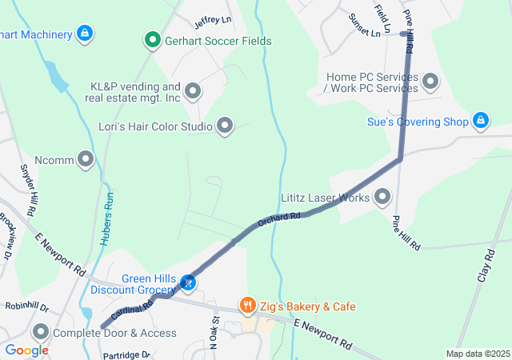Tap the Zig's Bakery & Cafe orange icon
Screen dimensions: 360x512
[248, 306]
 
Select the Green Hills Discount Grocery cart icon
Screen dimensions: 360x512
[189, 282]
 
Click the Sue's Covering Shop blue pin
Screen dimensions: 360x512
[480, 120]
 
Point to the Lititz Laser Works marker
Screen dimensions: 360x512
[382, 196]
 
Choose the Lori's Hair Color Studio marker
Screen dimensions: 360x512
[225, 125]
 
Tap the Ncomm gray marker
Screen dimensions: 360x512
[86, 158]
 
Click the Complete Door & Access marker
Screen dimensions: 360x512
[41, 331]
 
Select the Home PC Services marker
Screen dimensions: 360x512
[430, 81]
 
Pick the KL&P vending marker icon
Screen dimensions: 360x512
[192, 90]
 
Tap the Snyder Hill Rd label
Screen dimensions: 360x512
[26, 190]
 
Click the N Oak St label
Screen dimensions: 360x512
[214, 334]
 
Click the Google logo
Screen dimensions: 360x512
[26, 350]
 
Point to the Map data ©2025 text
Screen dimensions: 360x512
[478, 354]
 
